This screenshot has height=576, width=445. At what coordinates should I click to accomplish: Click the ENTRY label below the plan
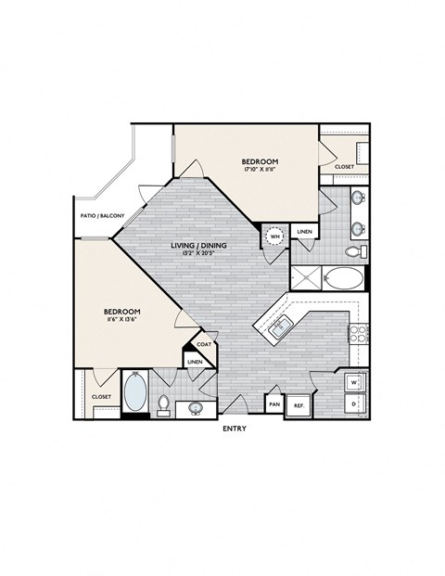pyautogui.click(x=234, y=429)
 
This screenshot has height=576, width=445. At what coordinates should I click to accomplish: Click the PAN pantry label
pyautogui.click(x=274, y=405)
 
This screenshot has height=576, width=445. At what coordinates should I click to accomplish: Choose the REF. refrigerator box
pyautogui.click(x=299, y=405)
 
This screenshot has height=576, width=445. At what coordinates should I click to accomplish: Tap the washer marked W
pyautogui.click(x=354, y=382)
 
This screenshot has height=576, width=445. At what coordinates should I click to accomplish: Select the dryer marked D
pyautogui.click(x=354, y=404)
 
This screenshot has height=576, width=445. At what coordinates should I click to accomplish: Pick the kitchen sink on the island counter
pyautogui.click(x=281, y=325)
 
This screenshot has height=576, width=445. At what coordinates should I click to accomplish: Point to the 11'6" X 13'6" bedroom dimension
pyautogui.click(x=121, y=320)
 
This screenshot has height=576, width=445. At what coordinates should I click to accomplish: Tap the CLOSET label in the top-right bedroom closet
pyautogui.click(x=344, y=167)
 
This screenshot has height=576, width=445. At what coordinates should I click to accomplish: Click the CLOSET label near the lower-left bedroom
pyautogui.click(x=102, y=396)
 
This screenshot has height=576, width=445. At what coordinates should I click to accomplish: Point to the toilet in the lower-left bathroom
pyautogui.click(x=163, y=404)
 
